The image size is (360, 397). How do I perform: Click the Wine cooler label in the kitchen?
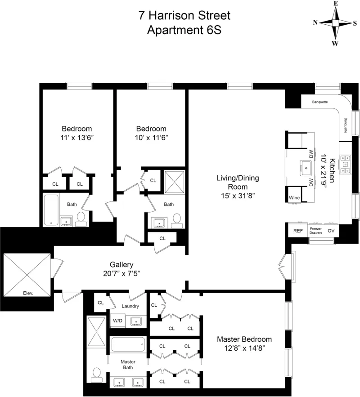(294, 197)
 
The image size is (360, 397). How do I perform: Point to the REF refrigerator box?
(298, 231)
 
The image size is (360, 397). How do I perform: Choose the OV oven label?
(331, 231)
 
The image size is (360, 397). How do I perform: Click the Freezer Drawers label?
(315, 231)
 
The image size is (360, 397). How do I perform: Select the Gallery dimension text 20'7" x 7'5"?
(121, 274)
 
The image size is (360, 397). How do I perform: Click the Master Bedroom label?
(244, 339)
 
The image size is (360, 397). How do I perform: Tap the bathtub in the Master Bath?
(128, 345)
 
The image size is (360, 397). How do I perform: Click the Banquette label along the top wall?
(319, 102)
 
